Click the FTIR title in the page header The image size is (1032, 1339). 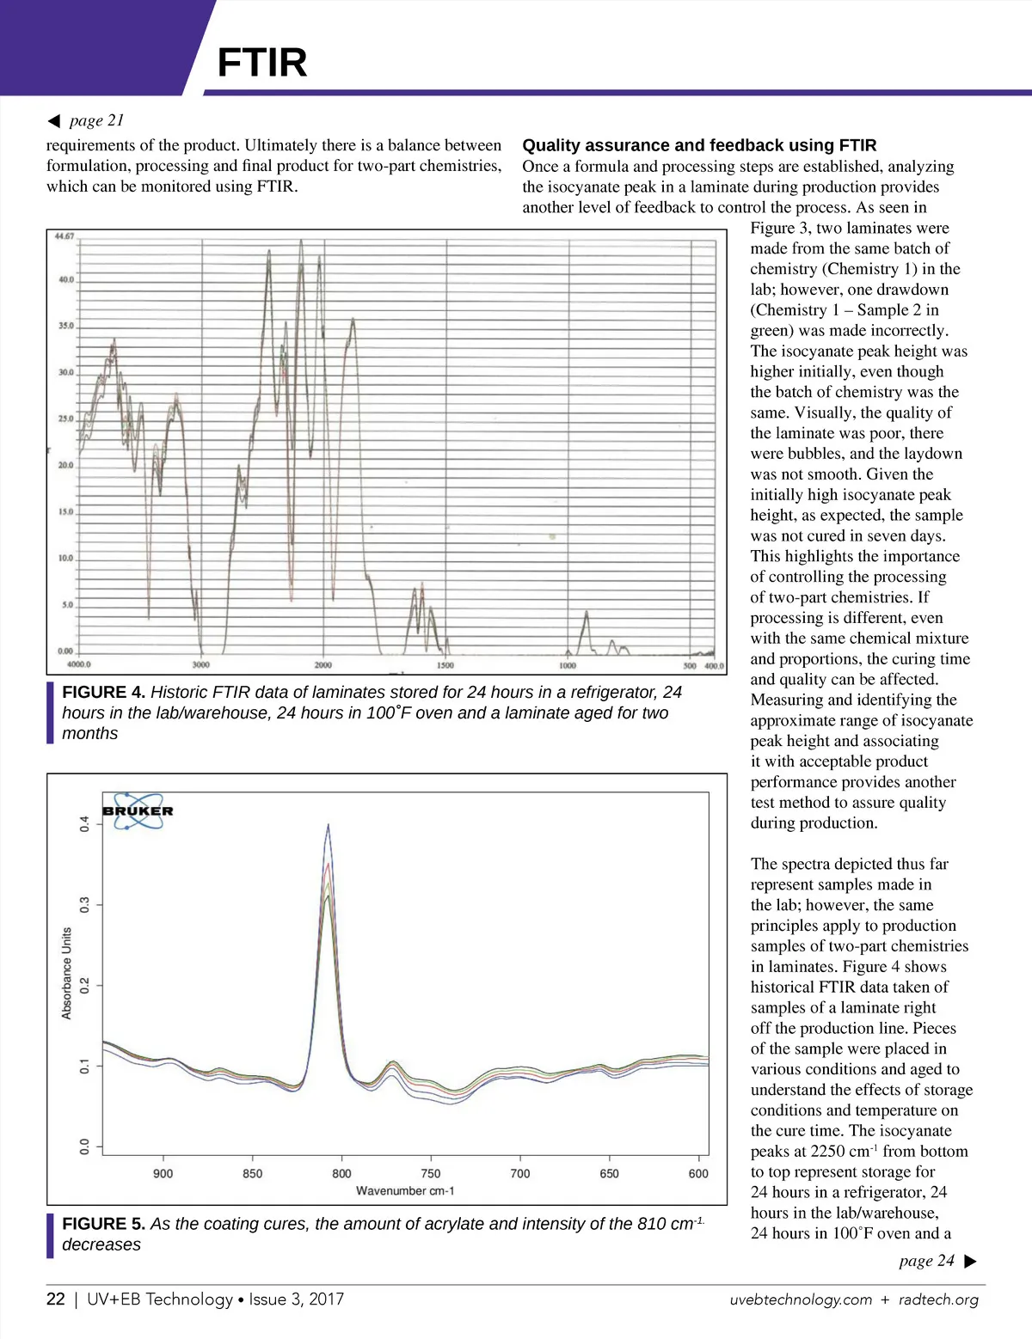pos(261,63)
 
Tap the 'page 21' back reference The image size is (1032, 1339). pos(96,120)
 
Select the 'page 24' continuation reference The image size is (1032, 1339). pos(927,1261)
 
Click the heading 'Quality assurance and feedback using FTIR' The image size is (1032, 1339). pos(699,145)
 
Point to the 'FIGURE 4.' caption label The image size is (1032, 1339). pos(104,693)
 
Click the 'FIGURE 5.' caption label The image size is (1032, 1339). pos(104,1224)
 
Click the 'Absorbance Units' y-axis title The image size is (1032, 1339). pos(67,974)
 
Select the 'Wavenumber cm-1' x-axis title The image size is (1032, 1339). pos(405,1191)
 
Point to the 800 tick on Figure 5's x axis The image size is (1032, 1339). pos(341,1174)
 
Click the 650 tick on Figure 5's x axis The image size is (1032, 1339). pos(609,1174)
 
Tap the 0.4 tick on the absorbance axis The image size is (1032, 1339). pos(84,824)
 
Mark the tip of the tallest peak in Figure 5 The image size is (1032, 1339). pos(328,824)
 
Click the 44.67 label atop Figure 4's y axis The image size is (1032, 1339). pos(64,236)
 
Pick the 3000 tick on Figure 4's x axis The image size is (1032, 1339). pos(200,665)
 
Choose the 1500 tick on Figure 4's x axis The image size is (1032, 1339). pos(445,665)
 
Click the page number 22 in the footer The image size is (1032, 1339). pos(55,1299)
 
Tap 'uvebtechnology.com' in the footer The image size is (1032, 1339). pos(801,1300)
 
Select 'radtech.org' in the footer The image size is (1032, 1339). pos(938,1300)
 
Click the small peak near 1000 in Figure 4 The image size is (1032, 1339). pos(587,613)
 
